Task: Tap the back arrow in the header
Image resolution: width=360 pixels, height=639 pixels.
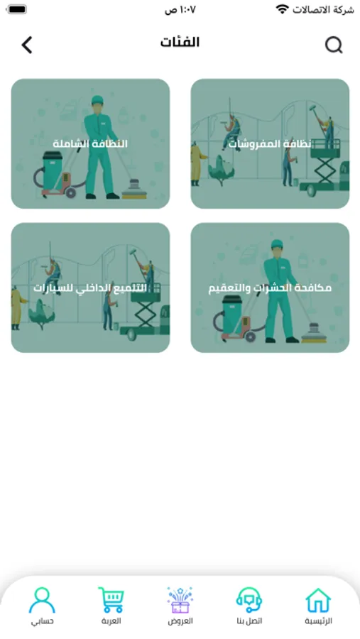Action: (27, 45)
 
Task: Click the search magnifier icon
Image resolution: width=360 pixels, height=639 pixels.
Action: (334, 45)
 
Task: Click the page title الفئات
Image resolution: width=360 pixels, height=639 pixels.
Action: (180, 42)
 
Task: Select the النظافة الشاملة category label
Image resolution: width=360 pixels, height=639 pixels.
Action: (90, 144)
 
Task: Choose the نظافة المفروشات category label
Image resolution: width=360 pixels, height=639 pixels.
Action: (270, 144)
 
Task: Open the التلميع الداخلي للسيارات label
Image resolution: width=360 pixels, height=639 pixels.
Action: (90, 288)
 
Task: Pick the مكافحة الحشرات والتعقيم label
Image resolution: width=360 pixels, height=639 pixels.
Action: (270, 288)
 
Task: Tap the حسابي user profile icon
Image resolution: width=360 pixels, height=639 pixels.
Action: (42, 600)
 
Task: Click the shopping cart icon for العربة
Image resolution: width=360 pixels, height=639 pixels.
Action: (111, 599)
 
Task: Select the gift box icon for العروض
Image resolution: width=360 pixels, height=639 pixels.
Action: (180, 600)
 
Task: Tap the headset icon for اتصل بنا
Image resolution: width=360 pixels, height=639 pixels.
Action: (249, 600)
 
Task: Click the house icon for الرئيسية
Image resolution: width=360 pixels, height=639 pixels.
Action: (318, 600)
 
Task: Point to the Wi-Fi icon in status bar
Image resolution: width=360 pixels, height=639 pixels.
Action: (282, 9)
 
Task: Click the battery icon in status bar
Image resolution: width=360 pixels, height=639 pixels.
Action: (16, 9)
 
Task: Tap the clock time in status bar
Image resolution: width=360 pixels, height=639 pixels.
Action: (180, 10)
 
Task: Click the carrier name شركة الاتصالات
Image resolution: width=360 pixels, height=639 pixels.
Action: (323, 10)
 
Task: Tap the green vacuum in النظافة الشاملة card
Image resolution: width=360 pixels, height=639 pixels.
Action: (53, 170)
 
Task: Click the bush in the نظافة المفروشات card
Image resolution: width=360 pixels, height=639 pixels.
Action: (222, 170)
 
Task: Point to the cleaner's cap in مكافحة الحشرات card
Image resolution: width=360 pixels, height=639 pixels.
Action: (277, 244)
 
